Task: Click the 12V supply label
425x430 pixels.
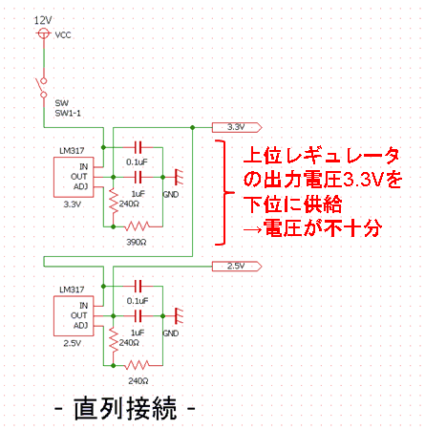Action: click(x=43, y=20)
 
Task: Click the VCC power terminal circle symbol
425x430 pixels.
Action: click(x=43, y=33)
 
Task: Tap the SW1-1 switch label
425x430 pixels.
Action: click(x=68, y=113)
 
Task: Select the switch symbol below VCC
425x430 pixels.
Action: click(x=42, y=88)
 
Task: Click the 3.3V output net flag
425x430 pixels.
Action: click(x=237, y=127)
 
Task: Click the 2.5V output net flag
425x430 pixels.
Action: click(x=237, y=266)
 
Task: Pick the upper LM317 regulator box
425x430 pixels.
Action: click(x=74, y=177)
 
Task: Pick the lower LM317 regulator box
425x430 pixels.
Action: click(x=74, y=315)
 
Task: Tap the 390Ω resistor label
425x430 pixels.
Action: click(x=137, y=243)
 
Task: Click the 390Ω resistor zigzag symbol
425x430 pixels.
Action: click(x=138, y=226)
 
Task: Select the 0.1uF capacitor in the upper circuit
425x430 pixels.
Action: click(x=138, y=147)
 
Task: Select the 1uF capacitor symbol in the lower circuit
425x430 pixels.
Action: click(x=138, y=316)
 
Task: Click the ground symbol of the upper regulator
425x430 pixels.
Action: click(x=179, y=177)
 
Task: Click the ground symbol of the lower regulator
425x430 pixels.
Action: click(x=179, y=315)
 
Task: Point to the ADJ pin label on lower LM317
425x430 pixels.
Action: click(x=80, y=326)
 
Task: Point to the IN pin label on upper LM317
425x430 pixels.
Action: click(x=83, y=166)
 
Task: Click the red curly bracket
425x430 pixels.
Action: click(x=224, y=192)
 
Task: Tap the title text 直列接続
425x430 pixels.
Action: click(x=125, y=408)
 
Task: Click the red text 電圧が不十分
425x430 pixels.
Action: click(x=323, y=228)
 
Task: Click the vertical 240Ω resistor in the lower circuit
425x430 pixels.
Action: click(x=114, y=339)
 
